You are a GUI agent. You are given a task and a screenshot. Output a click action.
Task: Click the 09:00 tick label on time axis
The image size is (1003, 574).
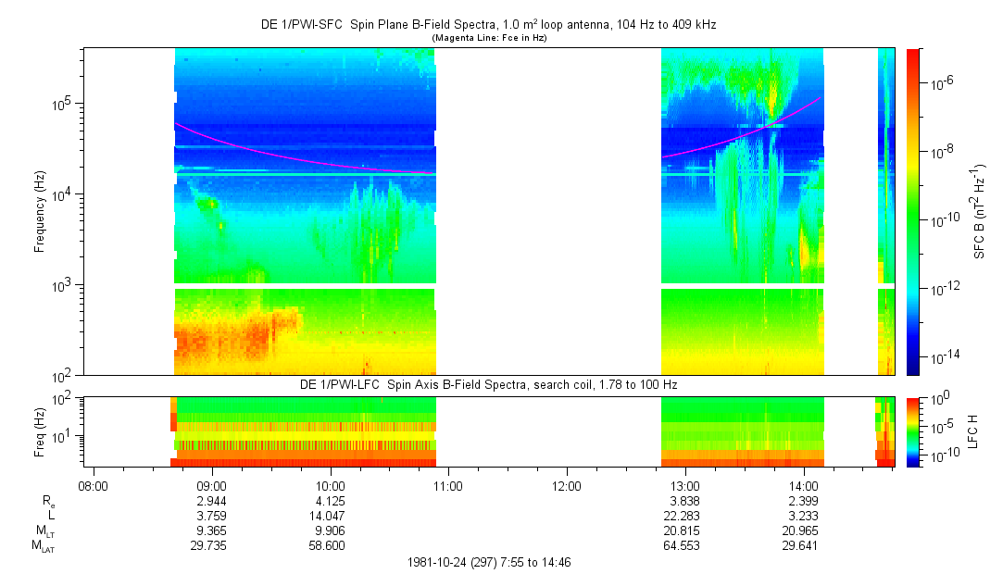pos(212,485)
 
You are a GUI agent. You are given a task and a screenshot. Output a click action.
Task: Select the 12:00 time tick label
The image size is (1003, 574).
pos(567,485)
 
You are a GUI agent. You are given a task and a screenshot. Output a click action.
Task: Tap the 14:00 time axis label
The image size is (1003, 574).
pos(803,485)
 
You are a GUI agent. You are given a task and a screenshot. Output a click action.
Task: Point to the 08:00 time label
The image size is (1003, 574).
pos(94,485)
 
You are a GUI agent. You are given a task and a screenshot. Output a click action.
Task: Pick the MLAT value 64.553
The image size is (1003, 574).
pos(684,546)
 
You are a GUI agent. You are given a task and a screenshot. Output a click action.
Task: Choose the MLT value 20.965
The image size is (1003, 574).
pos(803,530)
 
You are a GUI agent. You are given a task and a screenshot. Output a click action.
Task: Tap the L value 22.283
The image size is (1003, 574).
pos(684,516)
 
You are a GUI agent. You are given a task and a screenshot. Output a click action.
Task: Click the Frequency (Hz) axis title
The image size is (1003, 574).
pos(40,212)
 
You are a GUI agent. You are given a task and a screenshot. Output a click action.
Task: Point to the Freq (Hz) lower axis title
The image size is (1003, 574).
pos(40,431)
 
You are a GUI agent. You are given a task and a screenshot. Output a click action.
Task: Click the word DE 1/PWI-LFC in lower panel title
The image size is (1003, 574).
pos(335,384)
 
